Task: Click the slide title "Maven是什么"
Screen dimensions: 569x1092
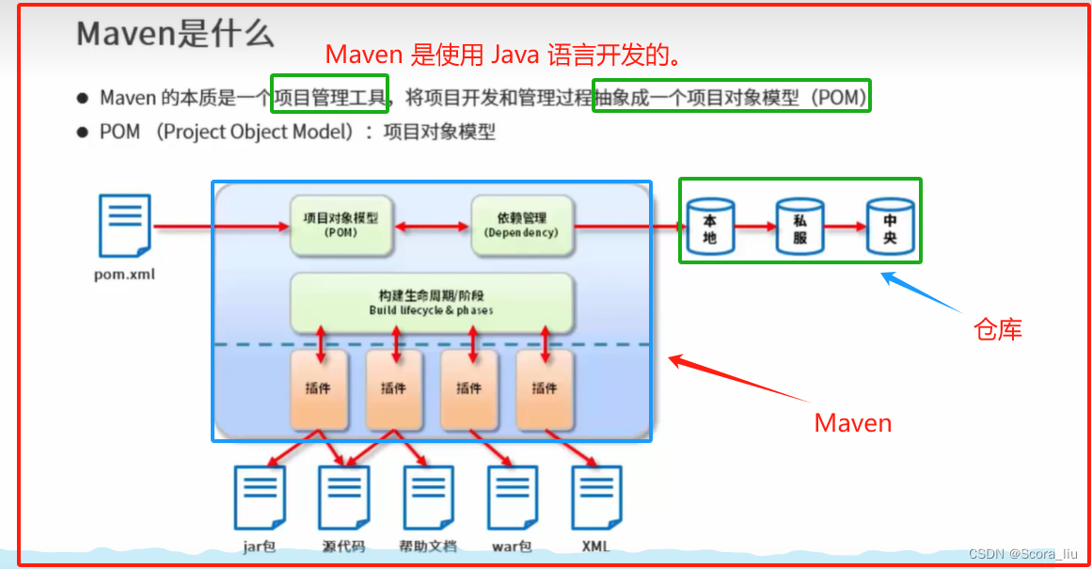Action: tap(175, 35)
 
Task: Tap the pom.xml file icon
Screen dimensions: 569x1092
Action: tap(124, 226)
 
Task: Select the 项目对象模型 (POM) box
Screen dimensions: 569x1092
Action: tap(340, 226)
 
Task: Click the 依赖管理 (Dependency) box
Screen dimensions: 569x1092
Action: tap(521, 226)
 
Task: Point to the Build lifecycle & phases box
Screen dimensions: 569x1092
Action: tap(432, 302)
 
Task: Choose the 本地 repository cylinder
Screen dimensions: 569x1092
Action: tap(710, 227)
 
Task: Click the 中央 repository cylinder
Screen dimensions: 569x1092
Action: tap(890, 227)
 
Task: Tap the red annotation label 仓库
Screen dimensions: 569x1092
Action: tap(998, 329)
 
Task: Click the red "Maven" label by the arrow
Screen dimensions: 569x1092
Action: tap(852, 423)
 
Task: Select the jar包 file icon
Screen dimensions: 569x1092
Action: tap(259, 496)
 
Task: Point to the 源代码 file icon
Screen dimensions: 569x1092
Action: tap(343, 496)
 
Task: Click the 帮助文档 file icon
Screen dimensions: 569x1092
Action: tap(429, 496)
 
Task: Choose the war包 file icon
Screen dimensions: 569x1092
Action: tap(513, 496)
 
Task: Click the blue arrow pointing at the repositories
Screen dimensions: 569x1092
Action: tap(921, 293)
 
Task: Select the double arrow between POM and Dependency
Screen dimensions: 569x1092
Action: tap(431, 227)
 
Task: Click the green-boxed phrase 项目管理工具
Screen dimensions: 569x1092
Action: tap(329, 95)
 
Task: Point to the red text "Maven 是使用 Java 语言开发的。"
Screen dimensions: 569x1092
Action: tap(502, 55)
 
